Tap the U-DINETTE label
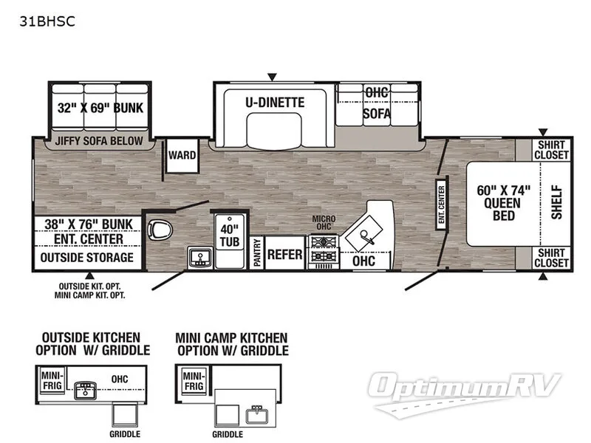tap(275, 103)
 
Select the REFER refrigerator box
tap(285, 255)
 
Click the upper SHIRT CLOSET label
tap(553, 150)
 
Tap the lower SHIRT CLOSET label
tap(553, 258)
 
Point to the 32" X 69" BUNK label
tap(100, 108)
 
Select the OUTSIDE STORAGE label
tap(86, 258)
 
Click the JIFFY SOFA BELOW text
tap(99, 140)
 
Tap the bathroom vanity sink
tap(198, 258)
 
